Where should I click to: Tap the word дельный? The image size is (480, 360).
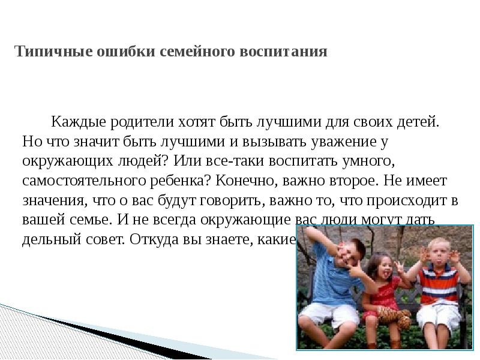49,239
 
